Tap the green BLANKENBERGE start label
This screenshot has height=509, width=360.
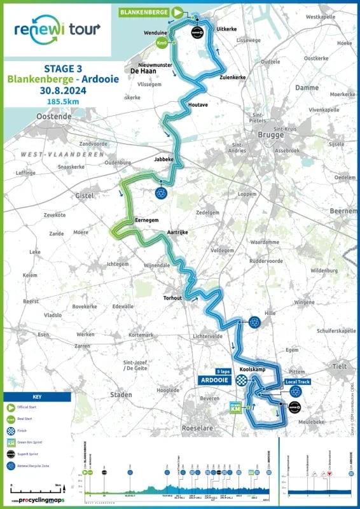(x=144, y=11)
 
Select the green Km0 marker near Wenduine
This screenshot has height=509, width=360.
(x=162, y=43)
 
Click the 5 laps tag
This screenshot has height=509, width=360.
(x=223, y=371)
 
